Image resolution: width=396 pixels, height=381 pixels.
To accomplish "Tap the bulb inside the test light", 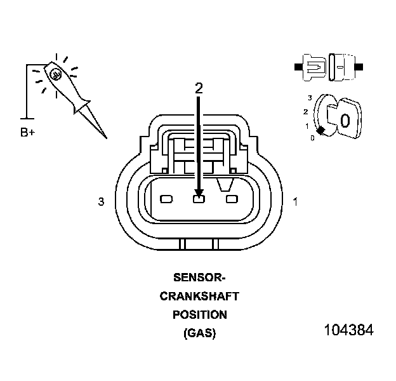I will pyautogui.click(x=56, y=74).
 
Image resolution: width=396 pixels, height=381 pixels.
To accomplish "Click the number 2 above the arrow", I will pyautogui.click(x=199, y=89).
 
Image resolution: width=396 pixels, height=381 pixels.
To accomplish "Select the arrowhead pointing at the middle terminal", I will pyautogui.click(x=199, y=192).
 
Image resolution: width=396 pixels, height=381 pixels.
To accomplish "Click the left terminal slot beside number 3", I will pyautogui.click(x=166, y=199).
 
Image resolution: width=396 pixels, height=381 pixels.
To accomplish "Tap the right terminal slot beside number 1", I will pyautogui.click(x=232, y=199).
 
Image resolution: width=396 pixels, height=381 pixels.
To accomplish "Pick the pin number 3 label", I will pyautogui.click(x=101, y=202).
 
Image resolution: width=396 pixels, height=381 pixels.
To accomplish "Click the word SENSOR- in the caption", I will pyautogui.click(x=199, y=277).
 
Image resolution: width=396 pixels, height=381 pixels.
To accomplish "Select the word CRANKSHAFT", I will pyautogui.click(x=199, y=296).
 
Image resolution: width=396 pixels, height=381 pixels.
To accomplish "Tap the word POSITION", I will pyautogui.click(x=199, y=314).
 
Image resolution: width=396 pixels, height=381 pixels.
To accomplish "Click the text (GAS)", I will pyautogui.click(x=199, y=333).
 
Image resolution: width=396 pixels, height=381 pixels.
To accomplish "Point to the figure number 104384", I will pyautogui.click(x=348, y=331).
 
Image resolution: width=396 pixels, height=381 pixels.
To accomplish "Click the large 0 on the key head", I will pyautogui.click(x=345, y=120).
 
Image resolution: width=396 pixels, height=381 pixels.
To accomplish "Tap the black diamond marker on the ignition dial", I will pyautogui.click(x=321, y=130).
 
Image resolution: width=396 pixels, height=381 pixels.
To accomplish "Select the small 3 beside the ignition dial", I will pyautogui.click(x=309, y=98).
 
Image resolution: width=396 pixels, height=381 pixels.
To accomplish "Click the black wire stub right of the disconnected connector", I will pyautogui.click(x=359, y=66).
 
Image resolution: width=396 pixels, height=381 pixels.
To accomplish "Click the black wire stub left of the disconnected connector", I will pyautogui.click(x=298, y=66).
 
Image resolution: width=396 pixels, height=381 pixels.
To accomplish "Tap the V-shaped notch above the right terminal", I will pyautogui.click(x=224, y=185).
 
